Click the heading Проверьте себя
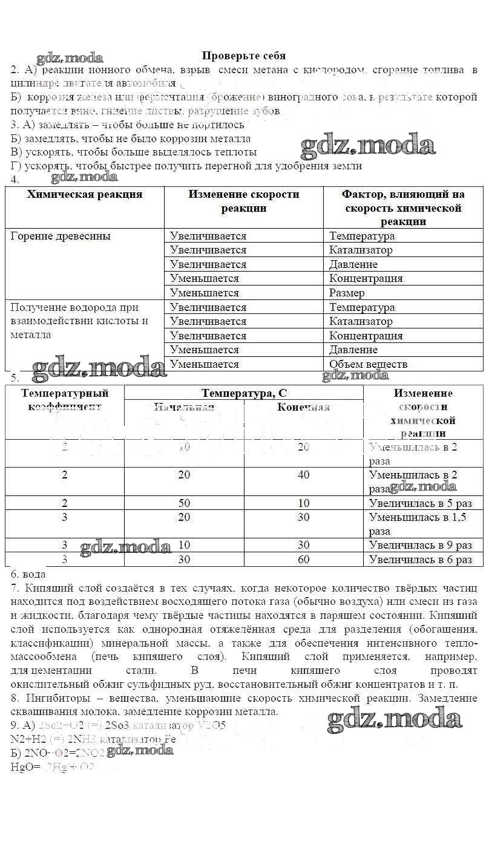pos(243,56)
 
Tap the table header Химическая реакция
pos(85,194)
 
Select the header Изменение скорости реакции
pos(243,201)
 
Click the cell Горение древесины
pos(61,236)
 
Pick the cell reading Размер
pos(347,293)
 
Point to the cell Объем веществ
pos(368,364)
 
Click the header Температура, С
pos(244,393)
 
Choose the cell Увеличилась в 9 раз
pos(420,546)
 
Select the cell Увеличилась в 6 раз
pos(420,560)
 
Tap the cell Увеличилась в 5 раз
pos(420,503)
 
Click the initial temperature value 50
pos(184,503)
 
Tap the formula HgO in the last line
pos(22,767)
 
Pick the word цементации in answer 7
pos(61,671)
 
